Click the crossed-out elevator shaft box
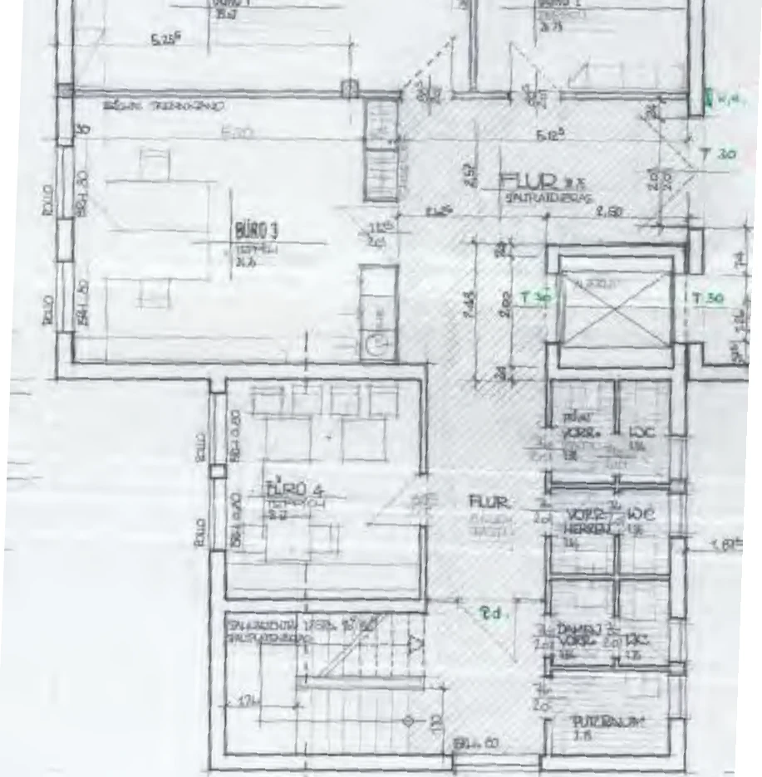pyautogui.click(x=616, y=309)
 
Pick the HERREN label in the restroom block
pyautogui.click(x=582, y=528)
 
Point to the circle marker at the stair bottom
pyautogui.click(x=408, y=721)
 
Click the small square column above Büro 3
pyautogui.click(x=351, y=88)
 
